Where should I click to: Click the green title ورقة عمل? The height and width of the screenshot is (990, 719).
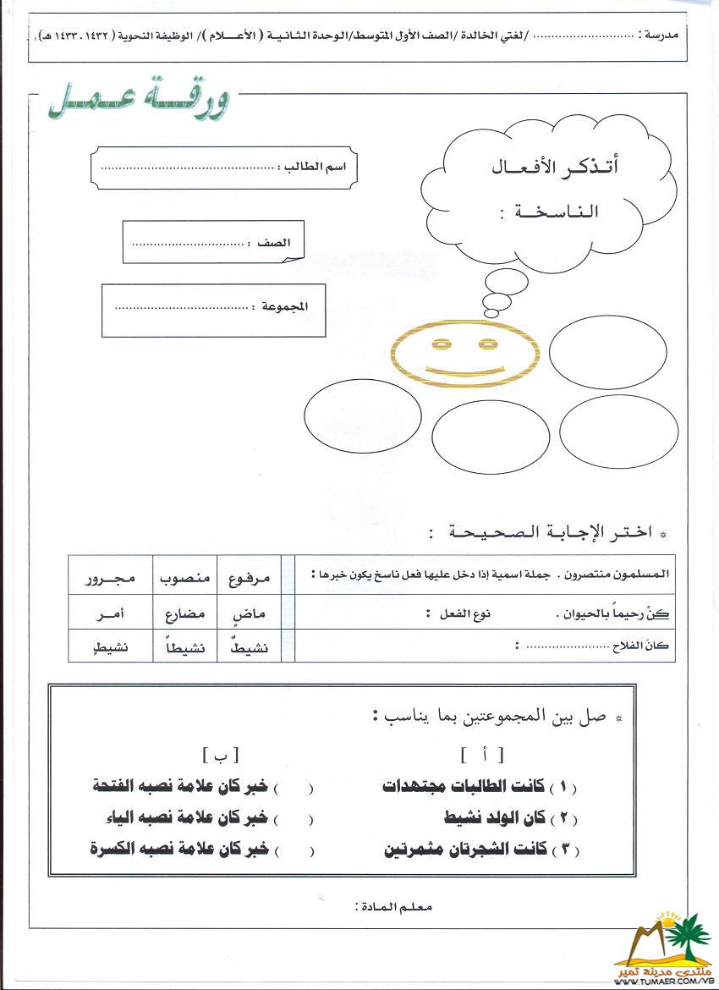138,102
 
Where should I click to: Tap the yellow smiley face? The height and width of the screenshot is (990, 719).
464,356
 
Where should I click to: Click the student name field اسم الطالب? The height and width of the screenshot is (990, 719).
223,167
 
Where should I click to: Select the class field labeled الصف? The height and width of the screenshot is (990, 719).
212,242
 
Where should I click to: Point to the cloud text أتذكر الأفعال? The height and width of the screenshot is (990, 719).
555,167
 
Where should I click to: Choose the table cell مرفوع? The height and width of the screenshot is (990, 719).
250,579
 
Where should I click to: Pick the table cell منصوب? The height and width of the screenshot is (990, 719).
184,579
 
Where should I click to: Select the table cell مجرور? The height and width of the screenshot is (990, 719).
110,579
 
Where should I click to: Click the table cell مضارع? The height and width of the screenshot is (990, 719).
184,613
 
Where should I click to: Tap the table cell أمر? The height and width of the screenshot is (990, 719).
110,613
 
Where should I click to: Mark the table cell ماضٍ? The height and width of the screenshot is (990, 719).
250,613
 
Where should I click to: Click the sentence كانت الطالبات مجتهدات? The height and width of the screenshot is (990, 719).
480,787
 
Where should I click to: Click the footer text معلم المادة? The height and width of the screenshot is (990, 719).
394,907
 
